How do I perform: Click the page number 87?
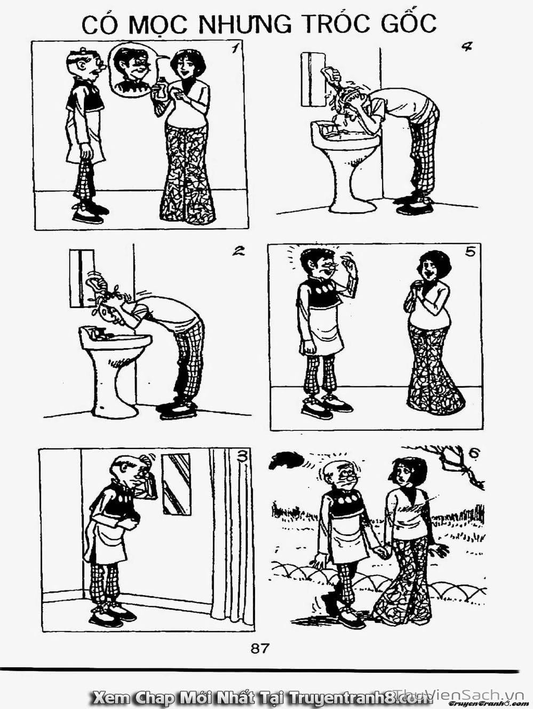point(260,639)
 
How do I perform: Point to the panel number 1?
point(236,49)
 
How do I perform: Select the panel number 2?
point(238,250)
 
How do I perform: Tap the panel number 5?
point(471,251)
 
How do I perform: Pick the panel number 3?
point(242,456)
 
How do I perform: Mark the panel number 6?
point(473,453)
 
